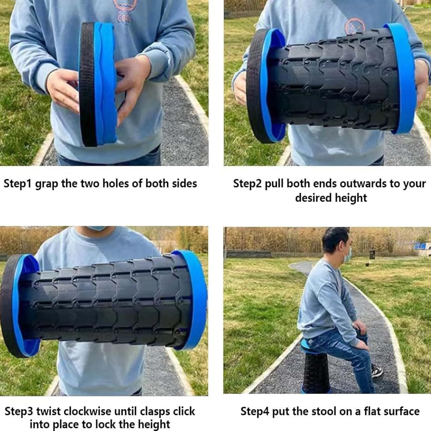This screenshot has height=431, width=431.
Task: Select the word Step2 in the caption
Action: click(x=247, y=184)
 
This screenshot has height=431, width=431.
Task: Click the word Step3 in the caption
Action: click(x=19, y=411)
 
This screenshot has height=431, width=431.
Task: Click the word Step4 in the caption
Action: click(x=255, y=411)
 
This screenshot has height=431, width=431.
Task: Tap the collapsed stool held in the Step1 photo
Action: click(x=98, y=84)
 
